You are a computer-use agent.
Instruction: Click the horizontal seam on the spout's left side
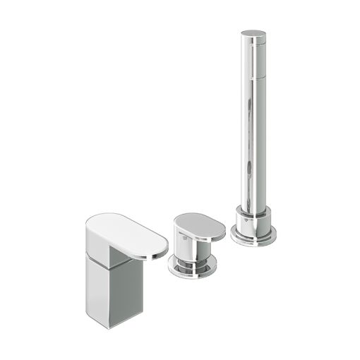click(x=99, y=258)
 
